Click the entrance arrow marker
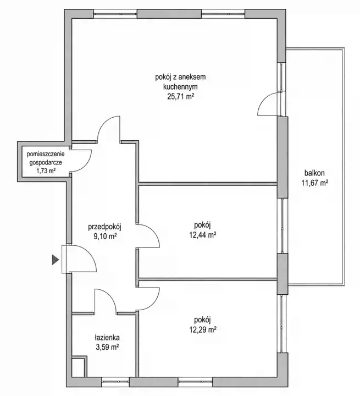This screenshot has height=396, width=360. (x=56, y=260)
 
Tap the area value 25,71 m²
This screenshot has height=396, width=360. (x=181, y=96)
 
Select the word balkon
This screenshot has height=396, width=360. (x=314, y=173)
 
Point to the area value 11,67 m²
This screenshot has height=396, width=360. (x=314, y=183)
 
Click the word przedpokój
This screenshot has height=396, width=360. (x=105, y=227)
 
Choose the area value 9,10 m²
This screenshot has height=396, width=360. (x=105, y=237)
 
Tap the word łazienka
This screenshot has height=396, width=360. (x=107, y=338)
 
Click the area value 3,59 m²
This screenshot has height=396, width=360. (x=107, y=347)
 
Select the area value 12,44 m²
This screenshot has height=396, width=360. (x=203, y=235)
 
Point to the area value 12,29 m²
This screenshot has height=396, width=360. (x=203, y=329)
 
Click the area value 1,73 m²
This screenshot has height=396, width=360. (x=46, y=170)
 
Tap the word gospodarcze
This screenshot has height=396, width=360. (x=46, y=163)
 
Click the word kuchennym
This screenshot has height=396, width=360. (x=180, y=87)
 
